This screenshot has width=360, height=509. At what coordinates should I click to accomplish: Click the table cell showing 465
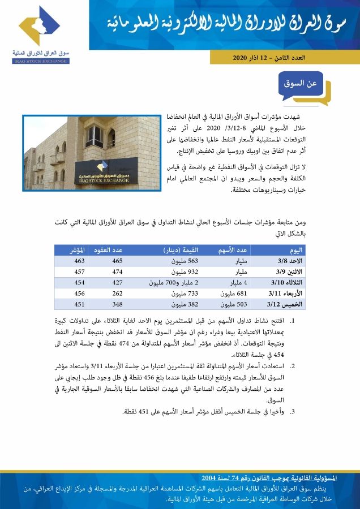click(x=117, y=261)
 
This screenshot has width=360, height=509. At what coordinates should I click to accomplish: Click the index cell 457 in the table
click(x=80, y=271)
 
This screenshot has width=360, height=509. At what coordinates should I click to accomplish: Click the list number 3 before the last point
click(x=292, y=411)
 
